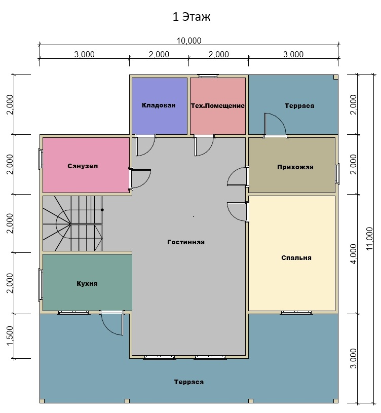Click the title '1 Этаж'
[192, 17]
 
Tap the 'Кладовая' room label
[159, 105]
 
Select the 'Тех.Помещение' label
[218, 106]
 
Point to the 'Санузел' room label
[83, 166]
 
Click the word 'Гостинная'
[186, 242]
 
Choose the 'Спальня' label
[296, 258]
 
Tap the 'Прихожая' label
[295, 167]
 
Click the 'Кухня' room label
[87, 284]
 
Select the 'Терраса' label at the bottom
[189, 382]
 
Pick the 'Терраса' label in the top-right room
[299, 106]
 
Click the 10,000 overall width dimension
[189, 41]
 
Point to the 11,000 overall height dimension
[369, 239]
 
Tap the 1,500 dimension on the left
[10, 336]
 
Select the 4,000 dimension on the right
[354, 254]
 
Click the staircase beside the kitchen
[73, 223]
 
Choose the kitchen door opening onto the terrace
[111, 324]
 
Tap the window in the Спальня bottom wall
[296, 313]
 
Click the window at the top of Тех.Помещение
[208, 76]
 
